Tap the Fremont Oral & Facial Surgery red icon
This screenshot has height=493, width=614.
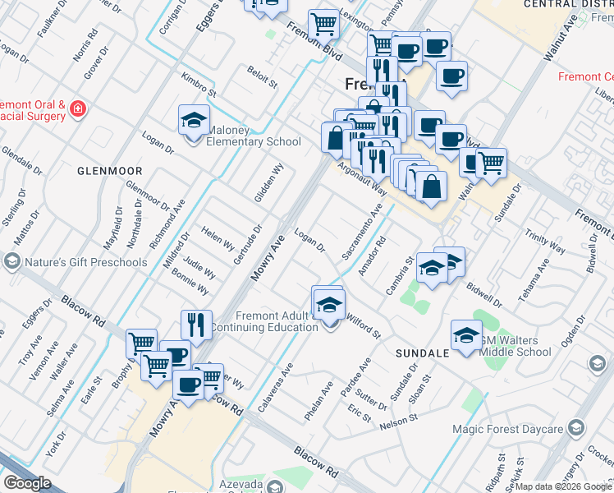[x=77, y=108]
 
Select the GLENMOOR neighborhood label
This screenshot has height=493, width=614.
[x=110, y=171]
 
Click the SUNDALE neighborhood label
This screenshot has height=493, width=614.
[x=422, y=352]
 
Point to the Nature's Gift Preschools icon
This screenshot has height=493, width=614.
[x=12, y=262]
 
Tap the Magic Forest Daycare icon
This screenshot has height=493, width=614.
[x=575, y=428]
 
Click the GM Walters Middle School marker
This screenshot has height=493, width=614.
[x=465, y=335]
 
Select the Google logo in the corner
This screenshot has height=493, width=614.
[x=27, y=482]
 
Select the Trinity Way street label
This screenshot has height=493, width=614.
[x=546, y=242]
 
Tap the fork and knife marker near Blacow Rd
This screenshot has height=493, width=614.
[x=196, y=324]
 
